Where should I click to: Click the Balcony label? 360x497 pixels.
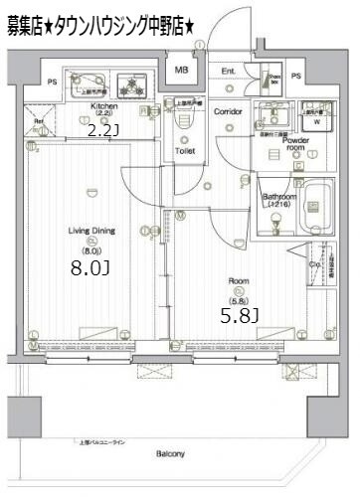point(170,454)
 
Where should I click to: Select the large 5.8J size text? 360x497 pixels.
point(239,316)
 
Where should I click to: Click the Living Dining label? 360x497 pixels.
point(91,231)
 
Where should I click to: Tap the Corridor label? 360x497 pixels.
point(228,112)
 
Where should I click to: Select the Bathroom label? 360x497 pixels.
point(279,198)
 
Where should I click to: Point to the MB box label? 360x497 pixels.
point(182,71)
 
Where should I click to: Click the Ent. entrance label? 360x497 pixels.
point(228,71)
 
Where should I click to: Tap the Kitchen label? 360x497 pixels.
point(104,105)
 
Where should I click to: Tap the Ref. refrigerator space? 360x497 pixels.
point(39,125)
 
